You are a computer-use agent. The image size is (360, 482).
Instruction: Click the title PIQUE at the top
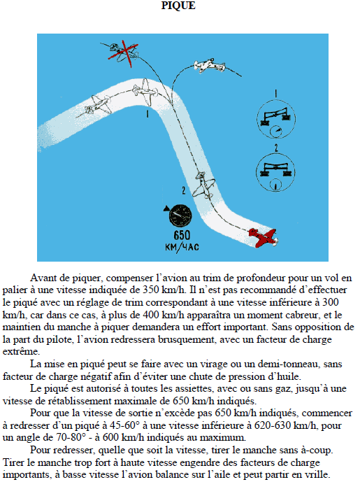pyautogui.click(x=178, y=5)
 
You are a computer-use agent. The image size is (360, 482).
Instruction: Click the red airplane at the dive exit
pyautogui.click(x=264, y=238)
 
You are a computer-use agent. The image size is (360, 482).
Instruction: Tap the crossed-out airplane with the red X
pyautogui.click(x=123, y=52)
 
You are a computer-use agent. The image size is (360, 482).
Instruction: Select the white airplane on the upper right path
pyautogui.click(x=210, y=65)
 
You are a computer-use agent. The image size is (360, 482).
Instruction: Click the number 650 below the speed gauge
pyautogui.click(x=182, y=235)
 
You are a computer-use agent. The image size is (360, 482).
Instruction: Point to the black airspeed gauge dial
pyautogui.click(x=180, y=215)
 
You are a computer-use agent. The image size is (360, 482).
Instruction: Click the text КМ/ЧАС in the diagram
pyautogui.click(x=182, y=247)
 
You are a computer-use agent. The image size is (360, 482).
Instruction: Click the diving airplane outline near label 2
pyautogui.click(x=203, y=185)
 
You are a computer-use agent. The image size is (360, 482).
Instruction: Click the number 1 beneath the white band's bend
pyautogui.click(x=147, y=114)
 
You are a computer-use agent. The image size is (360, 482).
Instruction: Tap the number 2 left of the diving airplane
pyautogui.click(x=184, y=191)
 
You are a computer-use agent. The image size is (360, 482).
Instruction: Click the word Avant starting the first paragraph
pyautogui.click(x=44, y=278)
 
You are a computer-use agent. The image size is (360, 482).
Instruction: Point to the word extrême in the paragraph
pyautogui.click(x=21, y=352)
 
